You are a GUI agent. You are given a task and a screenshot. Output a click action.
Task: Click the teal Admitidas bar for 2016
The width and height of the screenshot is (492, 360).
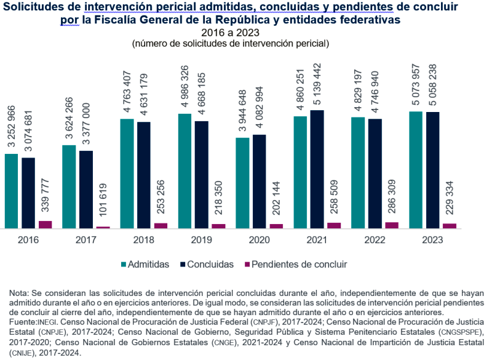click(x=11, y=191)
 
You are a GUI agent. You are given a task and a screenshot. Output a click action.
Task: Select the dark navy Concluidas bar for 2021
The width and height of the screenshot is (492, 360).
click(x=317, y=169)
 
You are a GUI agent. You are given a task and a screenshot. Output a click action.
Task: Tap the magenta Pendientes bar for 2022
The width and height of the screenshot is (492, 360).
click(x=392, y=225)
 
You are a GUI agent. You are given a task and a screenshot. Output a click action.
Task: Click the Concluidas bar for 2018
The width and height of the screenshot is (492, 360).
click(x=144, y=175)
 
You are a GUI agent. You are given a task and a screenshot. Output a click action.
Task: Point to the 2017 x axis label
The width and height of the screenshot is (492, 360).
click(x=85, y=239)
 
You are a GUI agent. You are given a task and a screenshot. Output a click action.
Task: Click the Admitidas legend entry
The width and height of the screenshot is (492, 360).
click(x=148, y=265)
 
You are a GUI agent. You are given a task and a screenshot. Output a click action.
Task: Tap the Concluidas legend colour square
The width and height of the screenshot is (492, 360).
click(x=183, y=265)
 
